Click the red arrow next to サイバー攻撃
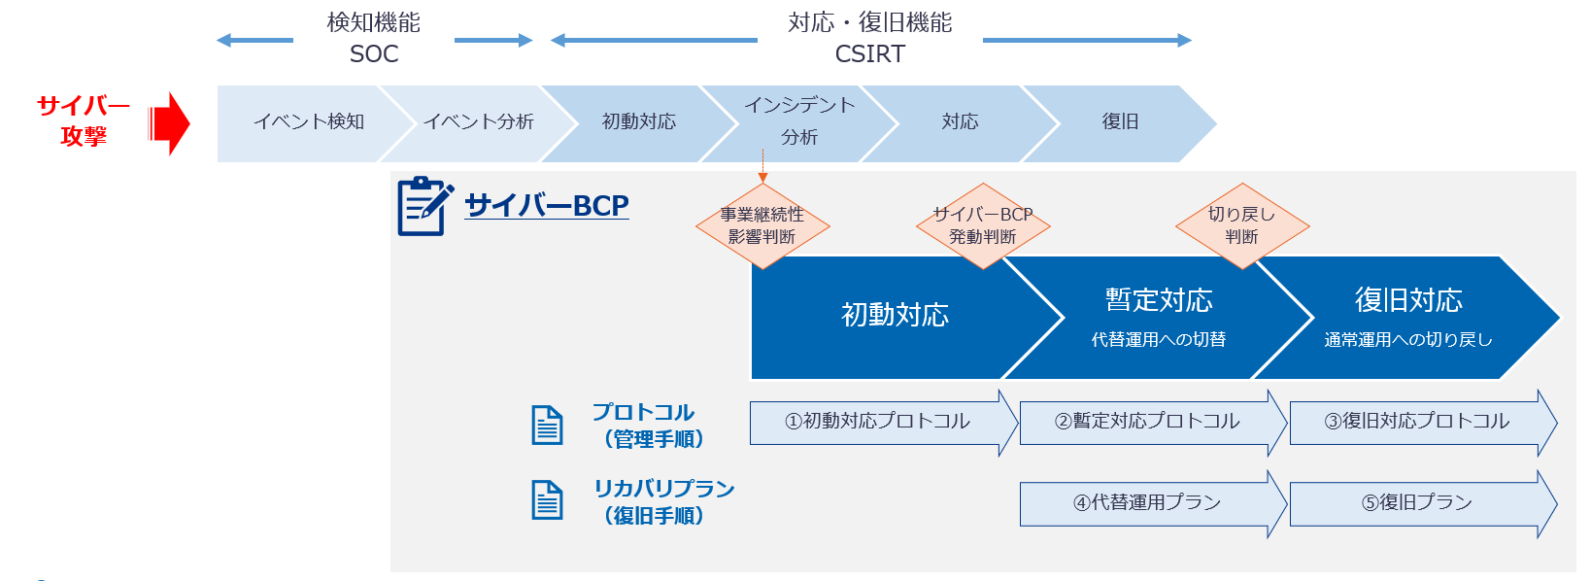click(171, 123)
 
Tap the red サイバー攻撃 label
click(83, 120)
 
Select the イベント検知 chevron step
click(308, 122)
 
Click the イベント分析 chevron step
click(478, 122)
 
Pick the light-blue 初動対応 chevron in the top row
click(638, 122)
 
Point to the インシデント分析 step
click(798, 121)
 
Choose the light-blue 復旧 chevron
click(1119, 122)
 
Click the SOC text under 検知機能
click(374, 54)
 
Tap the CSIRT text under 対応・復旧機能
click(869, 54)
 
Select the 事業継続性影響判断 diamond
click(762, 225)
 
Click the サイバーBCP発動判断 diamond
click(982, 225)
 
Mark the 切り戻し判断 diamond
click(1241, 225)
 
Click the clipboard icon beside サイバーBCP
click(423, 206)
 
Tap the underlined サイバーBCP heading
click(546, 206)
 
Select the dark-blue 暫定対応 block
click(1158, 317)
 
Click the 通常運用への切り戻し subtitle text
click(1407, 340)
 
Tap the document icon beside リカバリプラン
click(547, 500)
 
